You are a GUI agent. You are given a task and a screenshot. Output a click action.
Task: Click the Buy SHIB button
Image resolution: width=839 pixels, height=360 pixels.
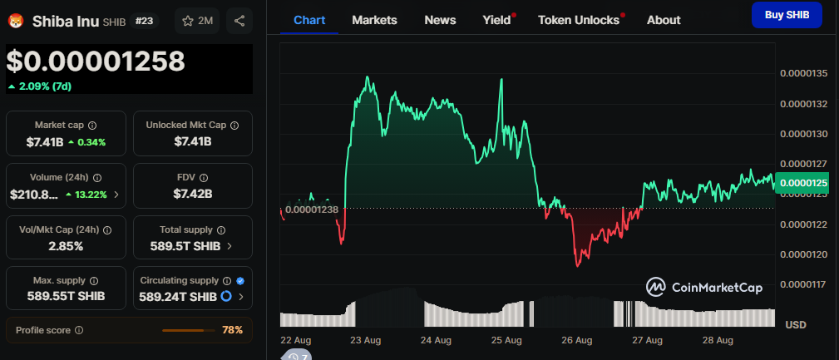[x=786, y=14]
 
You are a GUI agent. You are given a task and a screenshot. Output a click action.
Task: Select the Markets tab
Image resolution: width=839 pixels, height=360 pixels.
[x=374, y=20]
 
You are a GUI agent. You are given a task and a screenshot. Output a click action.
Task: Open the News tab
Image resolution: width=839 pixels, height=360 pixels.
[x=440, y=20]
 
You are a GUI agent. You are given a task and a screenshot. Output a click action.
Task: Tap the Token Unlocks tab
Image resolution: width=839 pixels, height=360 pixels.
[x=579, y=20]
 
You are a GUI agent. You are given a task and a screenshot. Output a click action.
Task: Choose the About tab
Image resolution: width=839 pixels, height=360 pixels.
[x=663, y=20]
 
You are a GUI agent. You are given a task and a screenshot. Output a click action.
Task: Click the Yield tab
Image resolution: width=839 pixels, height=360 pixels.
[x=496, y=20]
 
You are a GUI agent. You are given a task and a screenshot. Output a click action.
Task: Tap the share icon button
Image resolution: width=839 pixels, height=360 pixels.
[x=239, y=21]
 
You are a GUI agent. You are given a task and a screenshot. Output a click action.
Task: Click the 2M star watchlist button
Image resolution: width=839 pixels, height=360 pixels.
[x=197, y=21]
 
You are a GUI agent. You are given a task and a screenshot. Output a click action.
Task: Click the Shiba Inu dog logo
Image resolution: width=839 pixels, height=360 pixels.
[x=16, y=21]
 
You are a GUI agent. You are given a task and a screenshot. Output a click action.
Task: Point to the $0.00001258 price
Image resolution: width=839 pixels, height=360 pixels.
[x=96, y=61]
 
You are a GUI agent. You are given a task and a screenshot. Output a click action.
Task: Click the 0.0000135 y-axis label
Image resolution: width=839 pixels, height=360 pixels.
[x=803, y=74]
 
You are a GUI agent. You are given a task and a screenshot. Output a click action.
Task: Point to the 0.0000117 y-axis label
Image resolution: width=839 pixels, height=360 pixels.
[x=803, y=284]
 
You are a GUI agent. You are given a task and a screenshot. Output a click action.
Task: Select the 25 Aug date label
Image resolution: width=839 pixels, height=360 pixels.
[x=506, y=341]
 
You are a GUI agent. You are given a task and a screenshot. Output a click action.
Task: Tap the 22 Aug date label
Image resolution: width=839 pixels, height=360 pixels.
[x=296, y=341]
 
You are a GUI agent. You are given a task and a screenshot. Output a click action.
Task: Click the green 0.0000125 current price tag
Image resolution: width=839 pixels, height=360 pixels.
[x=803, y=182]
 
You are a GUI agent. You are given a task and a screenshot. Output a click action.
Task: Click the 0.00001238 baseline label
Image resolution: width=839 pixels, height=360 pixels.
[x=311, y=210]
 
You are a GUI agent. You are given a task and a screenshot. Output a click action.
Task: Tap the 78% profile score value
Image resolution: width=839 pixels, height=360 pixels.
[x=232, y=330]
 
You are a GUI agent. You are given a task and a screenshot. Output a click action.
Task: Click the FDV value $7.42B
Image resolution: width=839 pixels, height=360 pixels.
[x=192, y=194]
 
